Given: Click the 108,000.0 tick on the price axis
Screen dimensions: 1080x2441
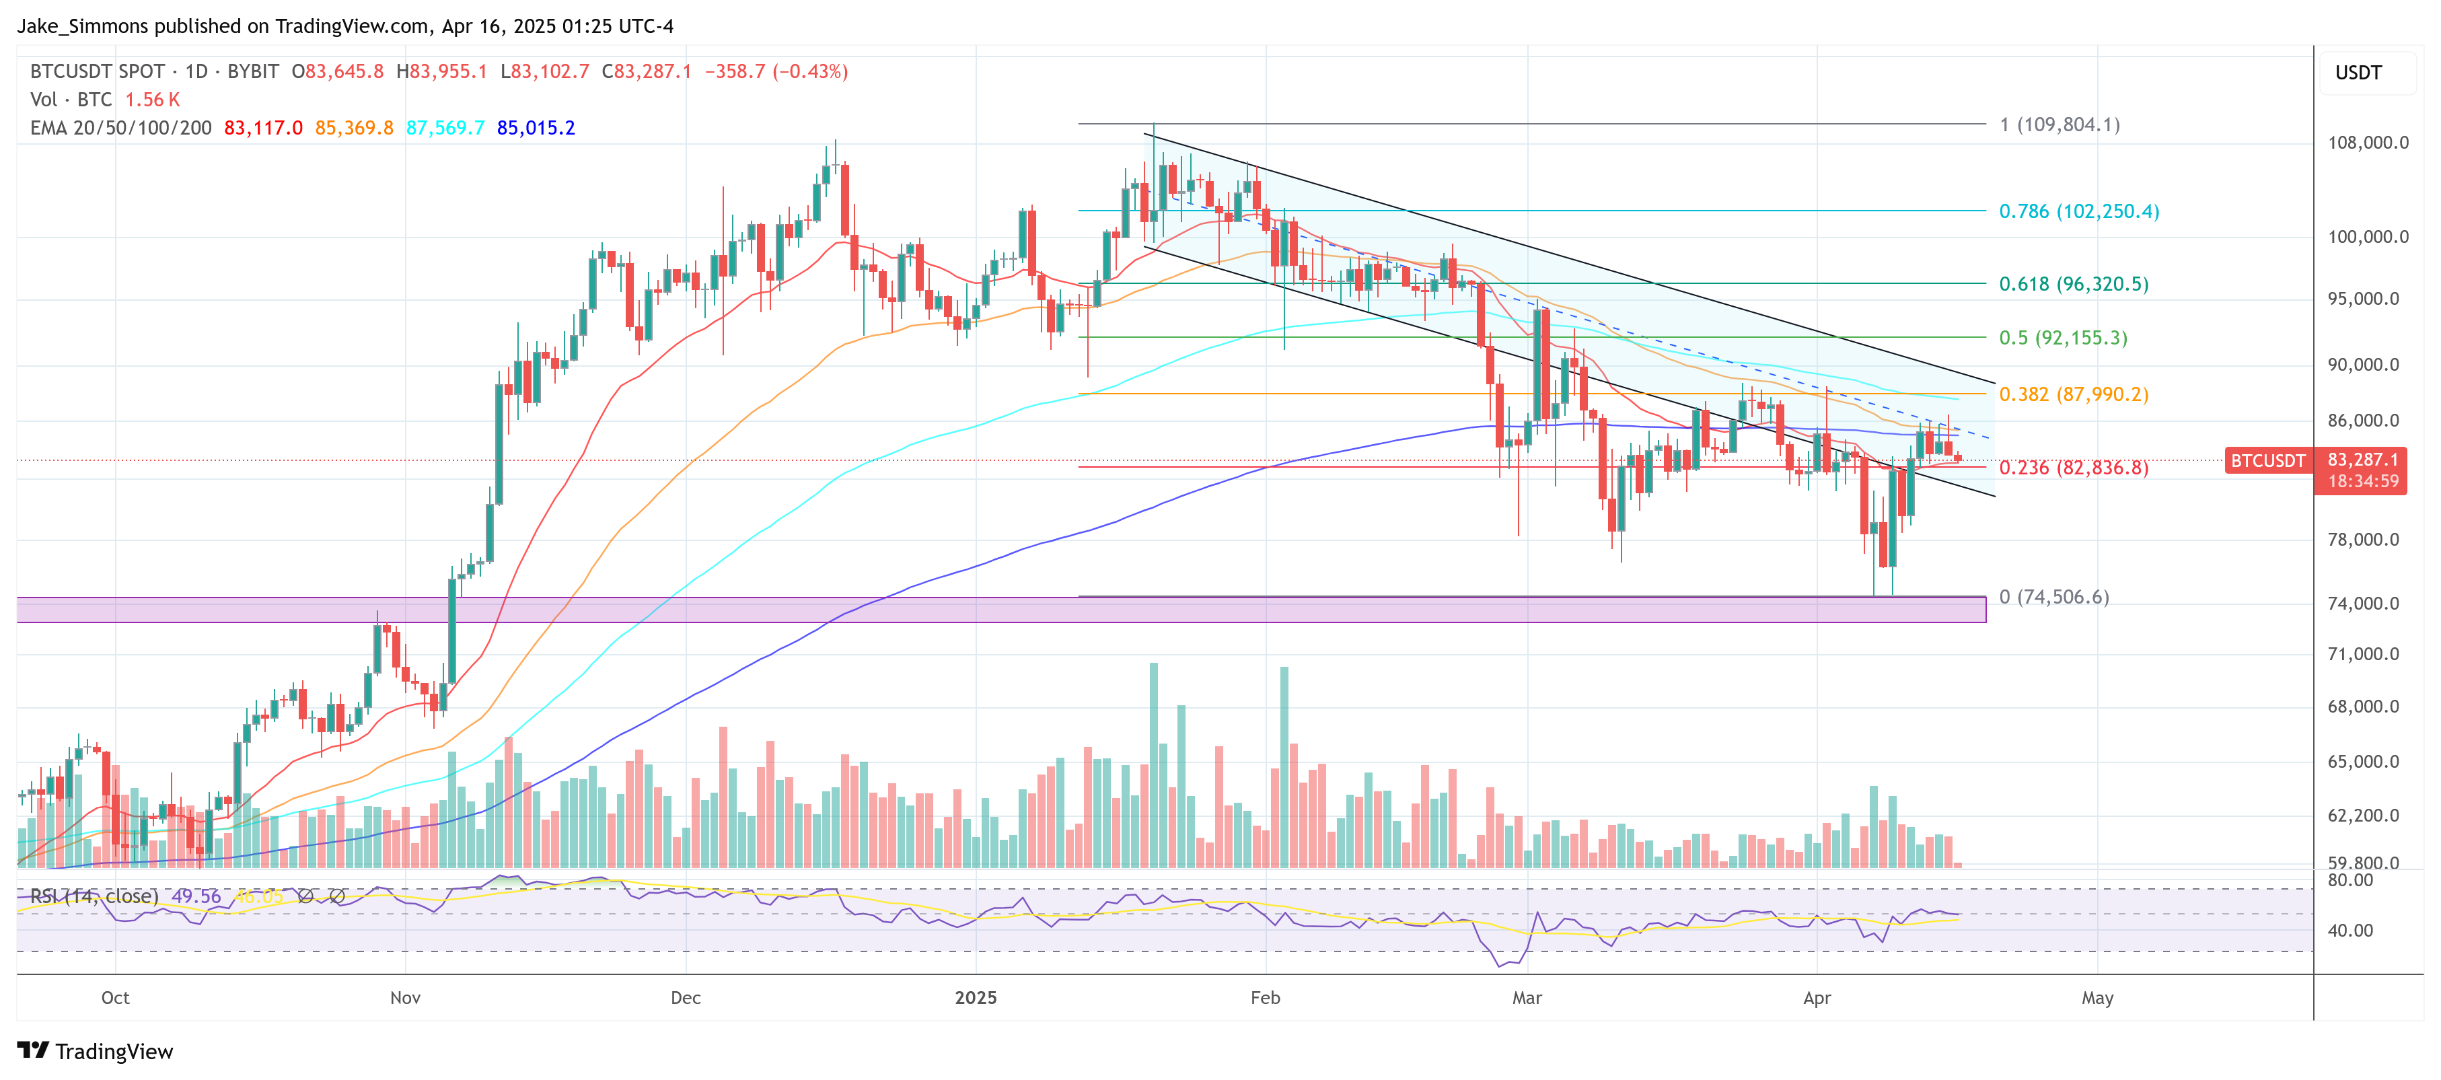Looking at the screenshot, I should [x=2367, y=143].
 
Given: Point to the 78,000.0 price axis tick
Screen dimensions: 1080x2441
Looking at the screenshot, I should [x=2364, y=540].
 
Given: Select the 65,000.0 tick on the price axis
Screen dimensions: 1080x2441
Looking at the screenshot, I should [x=2364, y=762].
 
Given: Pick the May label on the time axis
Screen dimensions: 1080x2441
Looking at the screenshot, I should [x=2097, y=998].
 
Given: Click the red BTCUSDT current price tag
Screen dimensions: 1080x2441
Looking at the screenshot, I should [x=2267, y=460].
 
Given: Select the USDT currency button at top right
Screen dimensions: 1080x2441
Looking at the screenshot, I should [x=2358, y=73].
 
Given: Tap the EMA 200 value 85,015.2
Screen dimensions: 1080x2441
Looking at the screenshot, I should [x=536, y=128].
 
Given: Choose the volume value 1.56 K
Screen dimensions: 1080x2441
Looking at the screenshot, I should [x=153, y=100].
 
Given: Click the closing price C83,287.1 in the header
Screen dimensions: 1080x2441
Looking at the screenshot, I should [x=647, y=71].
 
